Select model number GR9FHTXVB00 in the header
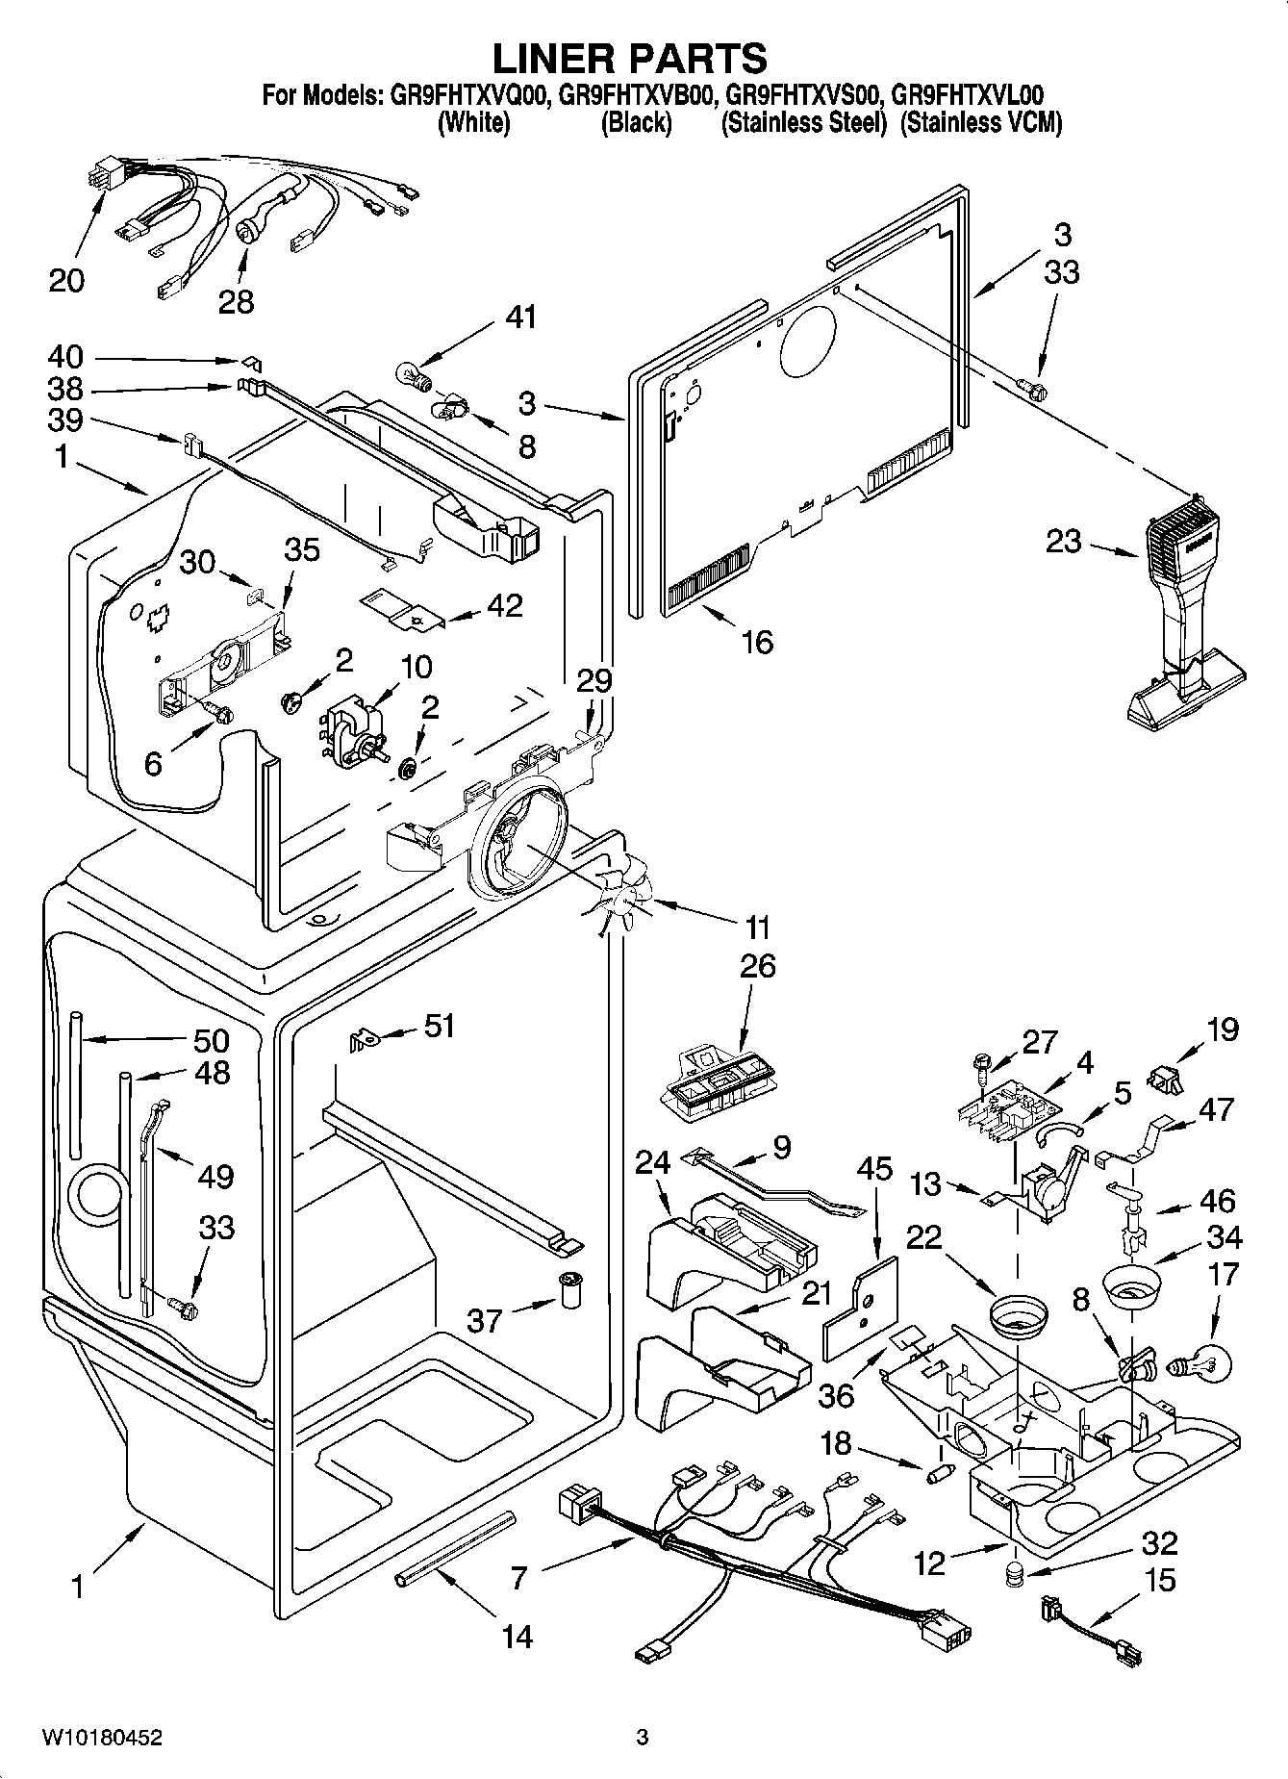tap(636, 95)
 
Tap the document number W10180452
tap(102, 1738)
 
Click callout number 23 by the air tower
tap(1064, 542)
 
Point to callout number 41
tap(521, 317)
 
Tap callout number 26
tap(757, 966)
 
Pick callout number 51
tap(439, 1027)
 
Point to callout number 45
tap(874, 1168)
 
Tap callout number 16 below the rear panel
tap(757, 641)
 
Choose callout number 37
tap(485, 1320)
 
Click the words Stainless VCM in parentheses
tap(980, 123)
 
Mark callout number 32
tap(1159, 1543)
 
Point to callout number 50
tap(211, 1040)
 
